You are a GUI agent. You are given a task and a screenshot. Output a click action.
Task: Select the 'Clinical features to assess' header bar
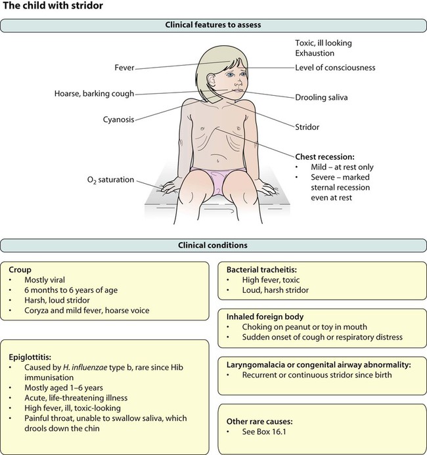coord(213,25)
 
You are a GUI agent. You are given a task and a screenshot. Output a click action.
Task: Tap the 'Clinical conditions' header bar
coord(213,246)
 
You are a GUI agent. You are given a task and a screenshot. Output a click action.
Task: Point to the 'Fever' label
coord(124,67)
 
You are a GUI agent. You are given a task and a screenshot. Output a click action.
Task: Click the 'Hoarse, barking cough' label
coord(95,94)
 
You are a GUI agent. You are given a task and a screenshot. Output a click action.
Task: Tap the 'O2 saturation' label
coord(111,180)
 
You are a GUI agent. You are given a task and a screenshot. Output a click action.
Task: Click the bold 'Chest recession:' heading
coord(326,157)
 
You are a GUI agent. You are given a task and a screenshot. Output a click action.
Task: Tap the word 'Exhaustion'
coord(315,54)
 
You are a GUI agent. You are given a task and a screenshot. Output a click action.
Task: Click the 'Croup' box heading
coord(20,269)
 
